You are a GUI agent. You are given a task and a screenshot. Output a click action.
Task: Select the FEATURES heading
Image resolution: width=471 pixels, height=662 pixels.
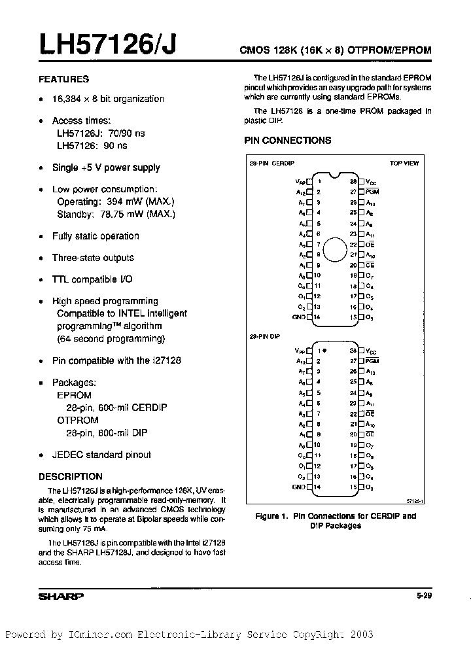click(x=64, y=79)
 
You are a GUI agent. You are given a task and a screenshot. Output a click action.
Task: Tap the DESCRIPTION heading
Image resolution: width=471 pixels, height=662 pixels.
click(x=71, y=477)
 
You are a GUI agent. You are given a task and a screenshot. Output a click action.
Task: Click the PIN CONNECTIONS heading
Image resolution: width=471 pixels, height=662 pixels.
click(x=287, y=140)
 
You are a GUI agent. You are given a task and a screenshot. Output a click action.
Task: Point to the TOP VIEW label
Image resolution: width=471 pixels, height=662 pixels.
click(x=404, y=163)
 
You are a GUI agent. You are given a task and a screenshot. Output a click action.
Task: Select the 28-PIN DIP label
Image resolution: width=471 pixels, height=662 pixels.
click(x=264, y=336)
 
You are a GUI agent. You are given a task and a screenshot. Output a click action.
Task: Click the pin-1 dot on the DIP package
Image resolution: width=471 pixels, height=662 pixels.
click(x=325, y=351)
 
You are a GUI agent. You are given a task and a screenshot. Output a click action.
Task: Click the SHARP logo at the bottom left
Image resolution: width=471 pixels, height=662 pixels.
click(x=61, y=597)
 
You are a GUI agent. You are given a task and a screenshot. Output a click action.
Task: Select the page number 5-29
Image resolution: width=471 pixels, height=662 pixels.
click(x=423, y=596)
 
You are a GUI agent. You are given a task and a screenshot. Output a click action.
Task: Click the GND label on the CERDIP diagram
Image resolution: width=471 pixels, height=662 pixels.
click(x=298, y=317)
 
